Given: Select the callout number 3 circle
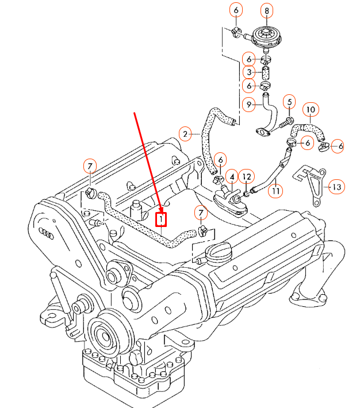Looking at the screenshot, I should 249,72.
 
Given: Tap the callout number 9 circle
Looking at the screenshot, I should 249,104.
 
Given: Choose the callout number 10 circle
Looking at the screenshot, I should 310,109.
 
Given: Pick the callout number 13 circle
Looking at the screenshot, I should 337,187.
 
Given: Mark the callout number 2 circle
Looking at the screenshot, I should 185,134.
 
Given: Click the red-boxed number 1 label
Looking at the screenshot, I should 162,219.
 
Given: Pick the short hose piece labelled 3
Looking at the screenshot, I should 266,73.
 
